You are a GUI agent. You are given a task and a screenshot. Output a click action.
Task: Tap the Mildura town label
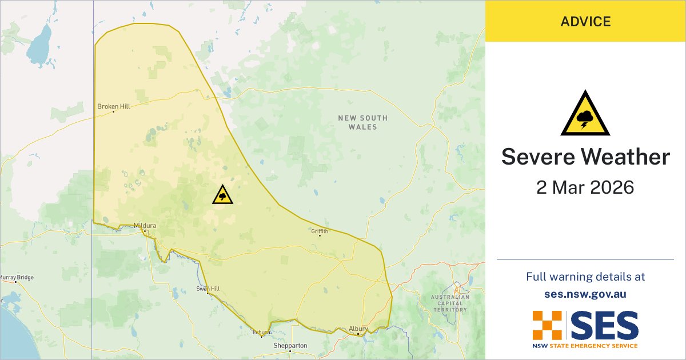145,225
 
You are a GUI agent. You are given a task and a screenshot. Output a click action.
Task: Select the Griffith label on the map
320,231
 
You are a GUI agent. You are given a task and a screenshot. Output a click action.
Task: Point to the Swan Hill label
208,289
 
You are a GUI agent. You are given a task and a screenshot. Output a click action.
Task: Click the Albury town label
358,329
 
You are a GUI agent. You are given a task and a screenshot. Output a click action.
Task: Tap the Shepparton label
290,346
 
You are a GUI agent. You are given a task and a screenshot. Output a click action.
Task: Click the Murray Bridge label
17,278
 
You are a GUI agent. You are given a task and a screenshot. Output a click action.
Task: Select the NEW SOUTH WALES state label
362,122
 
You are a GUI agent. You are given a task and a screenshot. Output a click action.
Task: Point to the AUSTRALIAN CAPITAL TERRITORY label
450,303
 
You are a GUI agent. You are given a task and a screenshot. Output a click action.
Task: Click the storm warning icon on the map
222,194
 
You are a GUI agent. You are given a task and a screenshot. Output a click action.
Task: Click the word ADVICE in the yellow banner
585,22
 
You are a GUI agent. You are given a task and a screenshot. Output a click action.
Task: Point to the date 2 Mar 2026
585,187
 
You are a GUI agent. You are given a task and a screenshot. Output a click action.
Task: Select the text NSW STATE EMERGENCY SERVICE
585,346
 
